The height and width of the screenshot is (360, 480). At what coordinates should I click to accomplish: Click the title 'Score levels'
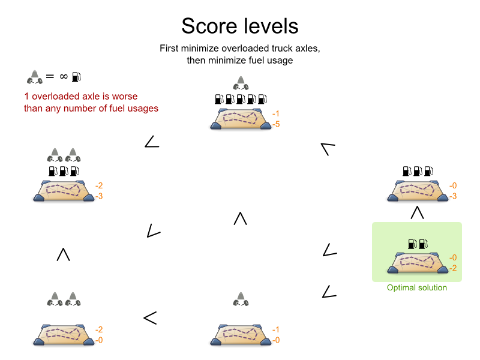point(239,26)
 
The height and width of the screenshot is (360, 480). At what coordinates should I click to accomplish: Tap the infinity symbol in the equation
point(62,77)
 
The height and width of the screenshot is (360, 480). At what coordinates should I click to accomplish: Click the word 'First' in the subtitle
point(171,48)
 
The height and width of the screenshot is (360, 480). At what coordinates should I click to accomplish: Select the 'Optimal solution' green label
point(417,288)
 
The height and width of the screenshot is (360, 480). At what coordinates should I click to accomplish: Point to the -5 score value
point(276,124)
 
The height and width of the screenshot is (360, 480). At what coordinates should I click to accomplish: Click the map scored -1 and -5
point(240,118)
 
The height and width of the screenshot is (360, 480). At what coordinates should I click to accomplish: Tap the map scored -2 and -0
point(64,334)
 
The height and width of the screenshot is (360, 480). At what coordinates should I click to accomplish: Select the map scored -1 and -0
point(240,334)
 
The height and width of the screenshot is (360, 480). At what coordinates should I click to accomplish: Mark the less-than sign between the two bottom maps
point(150,318)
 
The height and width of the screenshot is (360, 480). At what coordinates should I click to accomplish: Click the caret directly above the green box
point(417,212)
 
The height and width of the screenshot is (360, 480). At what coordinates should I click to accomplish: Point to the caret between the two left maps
point(63,254)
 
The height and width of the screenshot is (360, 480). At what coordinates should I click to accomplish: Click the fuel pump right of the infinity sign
point(76,77)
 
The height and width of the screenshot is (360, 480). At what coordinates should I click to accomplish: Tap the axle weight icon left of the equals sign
point(33,76)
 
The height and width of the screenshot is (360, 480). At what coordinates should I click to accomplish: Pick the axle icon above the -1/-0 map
point(240,298)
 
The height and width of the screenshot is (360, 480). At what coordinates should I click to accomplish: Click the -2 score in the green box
point(453,268)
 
